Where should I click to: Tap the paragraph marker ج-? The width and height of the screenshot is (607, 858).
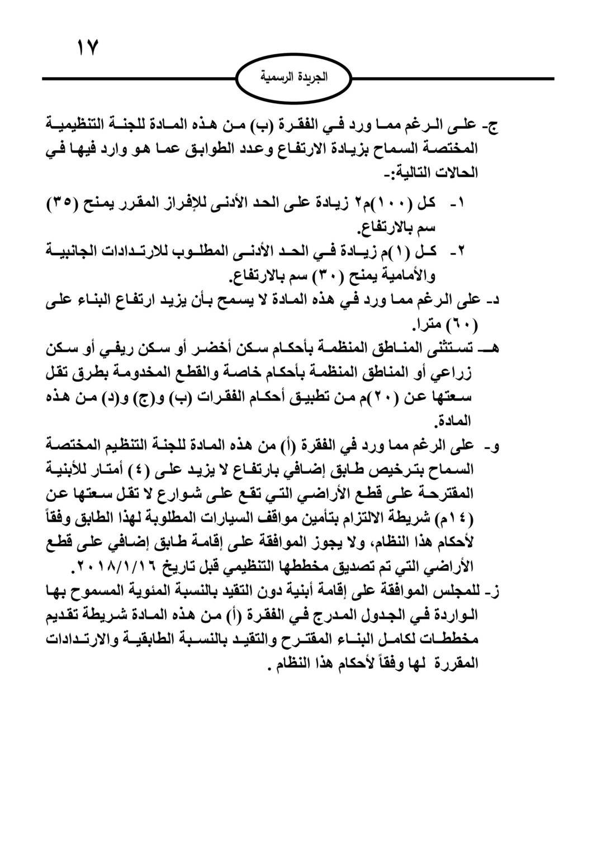[492, 125]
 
